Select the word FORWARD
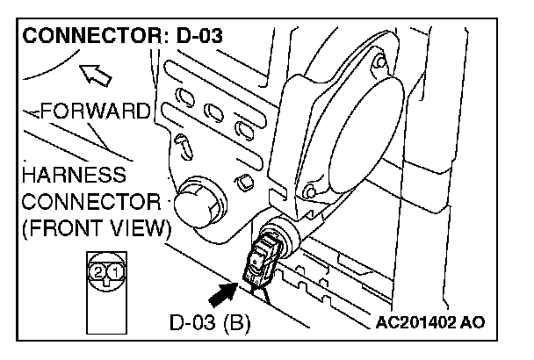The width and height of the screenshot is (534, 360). click(x=97, y=112)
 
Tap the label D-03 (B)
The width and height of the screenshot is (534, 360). click(x=210, y=322)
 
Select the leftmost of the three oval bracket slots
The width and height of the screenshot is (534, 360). click(x=185, y=95)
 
